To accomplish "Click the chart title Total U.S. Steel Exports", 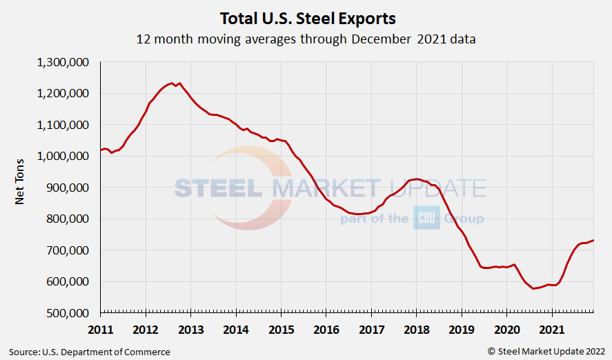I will point(307,17).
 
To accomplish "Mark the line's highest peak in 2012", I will point(172,83).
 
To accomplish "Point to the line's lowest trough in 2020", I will point(534,288).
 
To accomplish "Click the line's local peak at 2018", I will point(415,179).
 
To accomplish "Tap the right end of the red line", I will point(593,240).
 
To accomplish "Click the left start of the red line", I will point(101,150).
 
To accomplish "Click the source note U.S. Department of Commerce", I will point(90,352).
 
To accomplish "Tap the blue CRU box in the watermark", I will point(426,218).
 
